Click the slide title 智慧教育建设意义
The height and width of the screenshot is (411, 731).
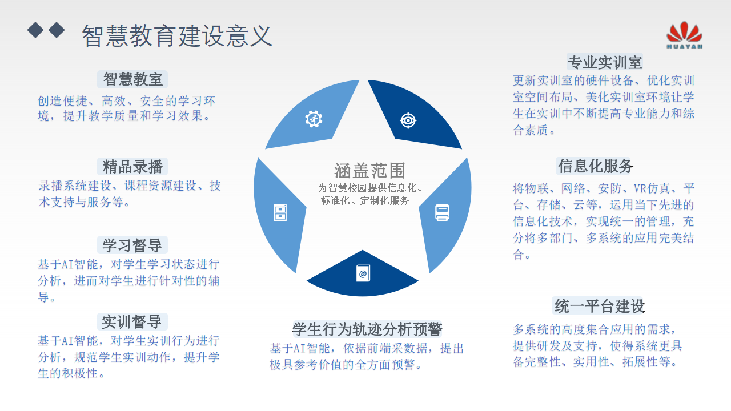tap(177, 36)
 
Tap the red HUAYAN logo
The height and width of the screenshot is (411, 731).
tap(684, 35)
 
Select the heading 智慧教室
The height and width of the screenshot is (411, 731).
tap(132, 79)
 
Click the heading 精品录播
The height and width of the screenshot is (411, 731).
tap(132, 166)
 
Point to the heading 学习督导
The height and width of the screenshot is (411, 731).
tap(132, 245)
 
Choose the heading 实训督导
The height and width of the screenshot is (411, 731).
tap(131, 322)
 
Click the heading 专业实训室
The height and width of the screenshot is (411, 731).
tap(605, 62)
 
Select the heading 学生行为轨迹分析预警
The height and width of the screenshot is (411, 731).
tap(367, 329)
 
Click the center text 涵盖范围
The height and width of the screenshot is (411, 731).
tap(369, 170)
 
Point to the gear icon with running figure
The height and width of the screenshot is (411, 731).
tap(314, 119)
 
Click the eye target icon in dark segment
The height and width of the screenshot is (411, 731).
tap(408, 120)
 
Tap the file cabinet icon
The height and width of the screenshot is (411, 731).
tap(280, 213)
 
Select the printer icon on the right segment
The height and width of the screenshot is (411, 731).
tap(442, 213)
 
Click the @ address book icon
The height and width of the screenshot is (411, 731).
tap(363, 273)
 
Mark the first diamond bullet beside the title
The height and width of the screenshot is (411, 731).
tap(35, 30)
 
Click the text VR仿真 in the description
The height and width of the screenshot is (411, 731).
tap(652, 188)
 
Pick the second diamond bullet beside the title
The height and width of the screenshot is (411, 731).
tap(57, 30)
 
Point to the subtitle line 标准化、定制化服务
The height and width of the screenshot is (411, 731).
tap(365, 200)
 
